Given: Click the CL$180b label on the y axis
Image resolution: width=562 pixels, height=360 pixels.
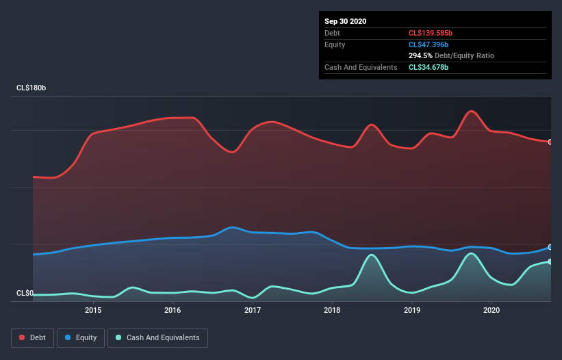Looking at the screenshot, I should [31, 88].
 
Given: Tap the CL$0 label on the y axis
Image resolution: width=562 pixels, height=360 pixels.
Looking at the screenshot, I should [25, 294].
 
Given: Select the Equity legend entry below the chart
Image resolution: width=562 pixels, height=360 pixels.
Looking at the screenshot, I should [81, 337].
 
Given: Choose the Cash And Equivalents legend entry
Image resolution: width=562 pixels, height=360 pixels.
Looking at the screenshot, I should [157, 337].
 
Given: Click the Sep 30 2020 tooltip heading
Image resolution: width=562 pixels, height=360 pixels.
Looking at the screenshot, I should [345, 21].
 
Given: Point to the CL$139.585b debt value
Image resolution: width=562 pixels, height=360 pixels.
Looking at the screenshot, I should [431, 33].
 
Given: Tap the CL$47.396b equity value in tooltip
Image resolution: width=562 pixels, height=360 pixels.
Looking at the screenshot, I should [429, 44].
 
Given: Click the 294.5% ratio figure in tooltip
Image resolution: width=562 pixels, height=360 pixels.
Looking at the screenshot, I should [420, 55].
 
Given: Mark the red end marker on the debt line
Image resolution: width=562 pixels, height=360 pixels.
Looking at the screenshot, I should [550, 142].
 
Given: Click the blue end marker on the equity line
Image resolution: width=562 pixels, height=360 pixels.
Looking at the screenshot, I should [550, 247].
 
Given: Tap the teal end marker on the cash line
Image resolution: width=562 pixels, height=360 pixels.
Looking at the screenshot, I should [550, 261].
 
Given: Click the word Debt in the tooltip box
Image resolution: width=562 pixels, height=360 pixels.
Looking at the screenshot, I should [333, 33].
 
